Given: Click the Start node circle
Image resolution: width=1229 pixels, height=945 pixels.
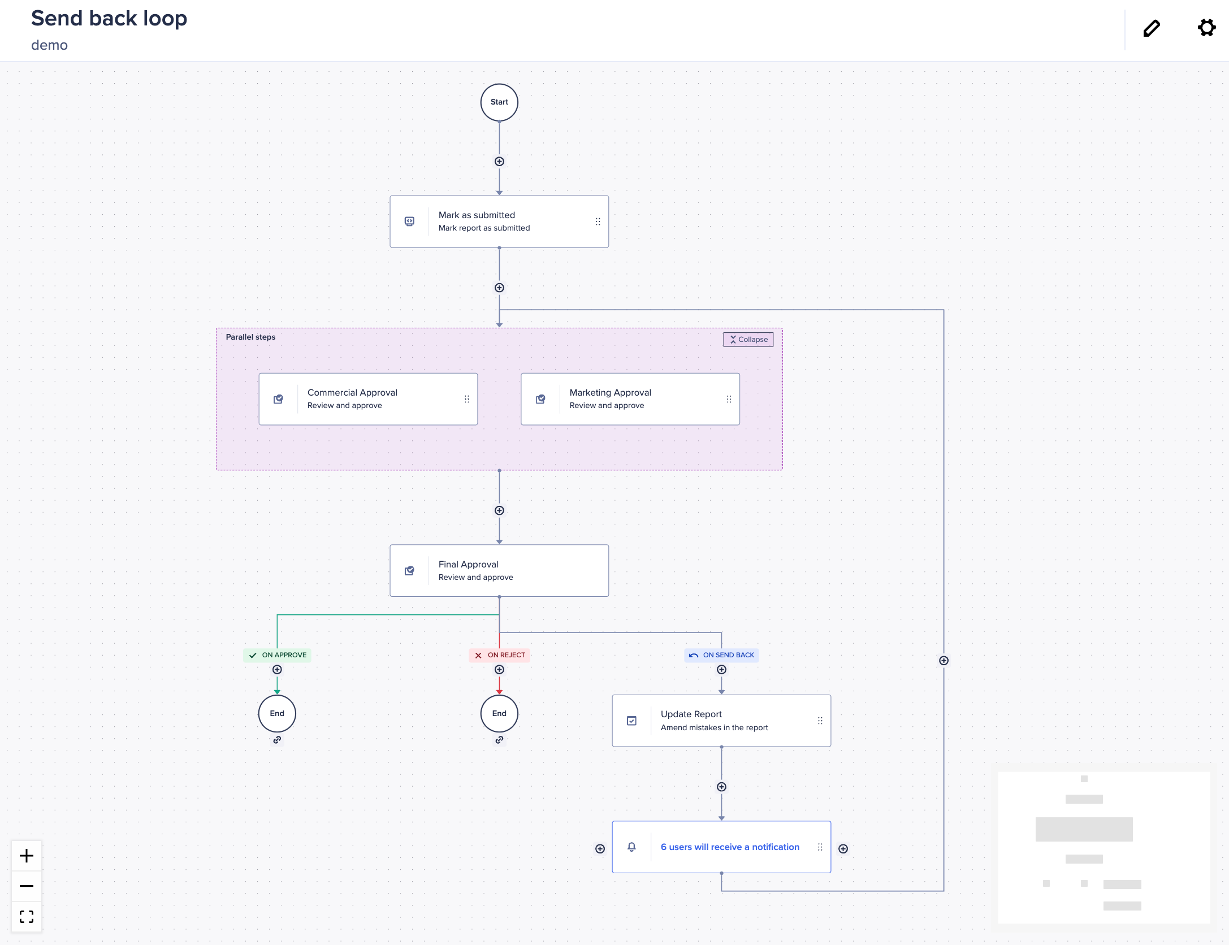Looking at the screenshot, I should (x=499, y=102).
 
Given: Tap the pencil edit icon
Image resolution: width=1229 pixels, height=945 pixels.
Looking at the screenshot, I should (x=1151, y=28).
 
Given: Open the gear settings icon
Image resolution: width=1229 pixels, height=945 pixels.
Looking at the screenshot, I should (x=1206, y=28).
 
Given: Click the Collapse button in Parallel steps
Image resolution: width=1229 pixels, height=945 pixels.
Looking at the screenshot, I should (x=748, y=339).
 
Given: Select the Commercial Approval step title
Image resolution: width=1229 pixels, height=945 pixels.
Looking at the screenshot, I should (x=352, y=392).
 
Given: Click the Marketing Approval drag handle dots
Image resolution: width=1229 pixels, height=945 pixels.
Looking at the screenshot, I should (x=729, y=399).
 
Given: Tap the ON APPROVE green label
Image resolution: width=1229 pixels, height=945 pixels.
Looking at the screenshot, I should (x=278, y=655).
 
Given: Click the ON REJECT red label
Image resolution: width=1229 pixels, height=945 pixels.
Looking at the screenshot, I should (x=500, y=655).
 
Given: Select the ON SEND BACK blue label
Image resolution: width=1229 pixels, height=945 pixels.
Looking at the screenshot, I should (x=722, y=655).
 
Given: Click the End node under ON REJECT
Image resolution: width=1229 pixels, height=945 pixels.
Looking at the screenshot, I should (x=499, y=713).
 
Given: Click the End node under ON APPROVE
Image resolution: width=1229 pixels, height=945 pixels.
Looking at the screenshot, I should (x=277, y=713).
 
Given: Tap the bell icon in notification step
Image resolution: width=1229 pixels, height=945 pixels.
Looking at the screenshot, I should (x=631, y=847).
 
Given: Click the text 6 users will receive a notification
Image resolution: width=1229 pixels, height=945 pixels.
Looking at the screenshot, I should (x=730, y=847).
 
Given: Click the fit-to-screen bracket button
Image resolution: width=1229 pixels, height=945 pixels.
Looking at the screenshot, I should (x=27, y=916).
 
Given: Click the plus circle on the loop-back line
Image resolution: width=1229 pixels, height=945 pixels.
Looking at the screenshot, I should (x=944, y=660).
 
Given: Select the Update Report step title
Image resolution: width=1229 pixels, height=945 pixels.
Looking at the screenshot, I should (x=691, y=714).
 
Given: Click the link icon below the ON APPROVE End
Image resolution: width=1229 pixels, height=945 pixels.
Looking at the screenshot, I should (x=277, y=740).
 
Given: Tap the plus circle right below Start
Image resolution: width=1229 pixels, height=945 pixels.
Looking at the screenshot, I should (x=499, y=162).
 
